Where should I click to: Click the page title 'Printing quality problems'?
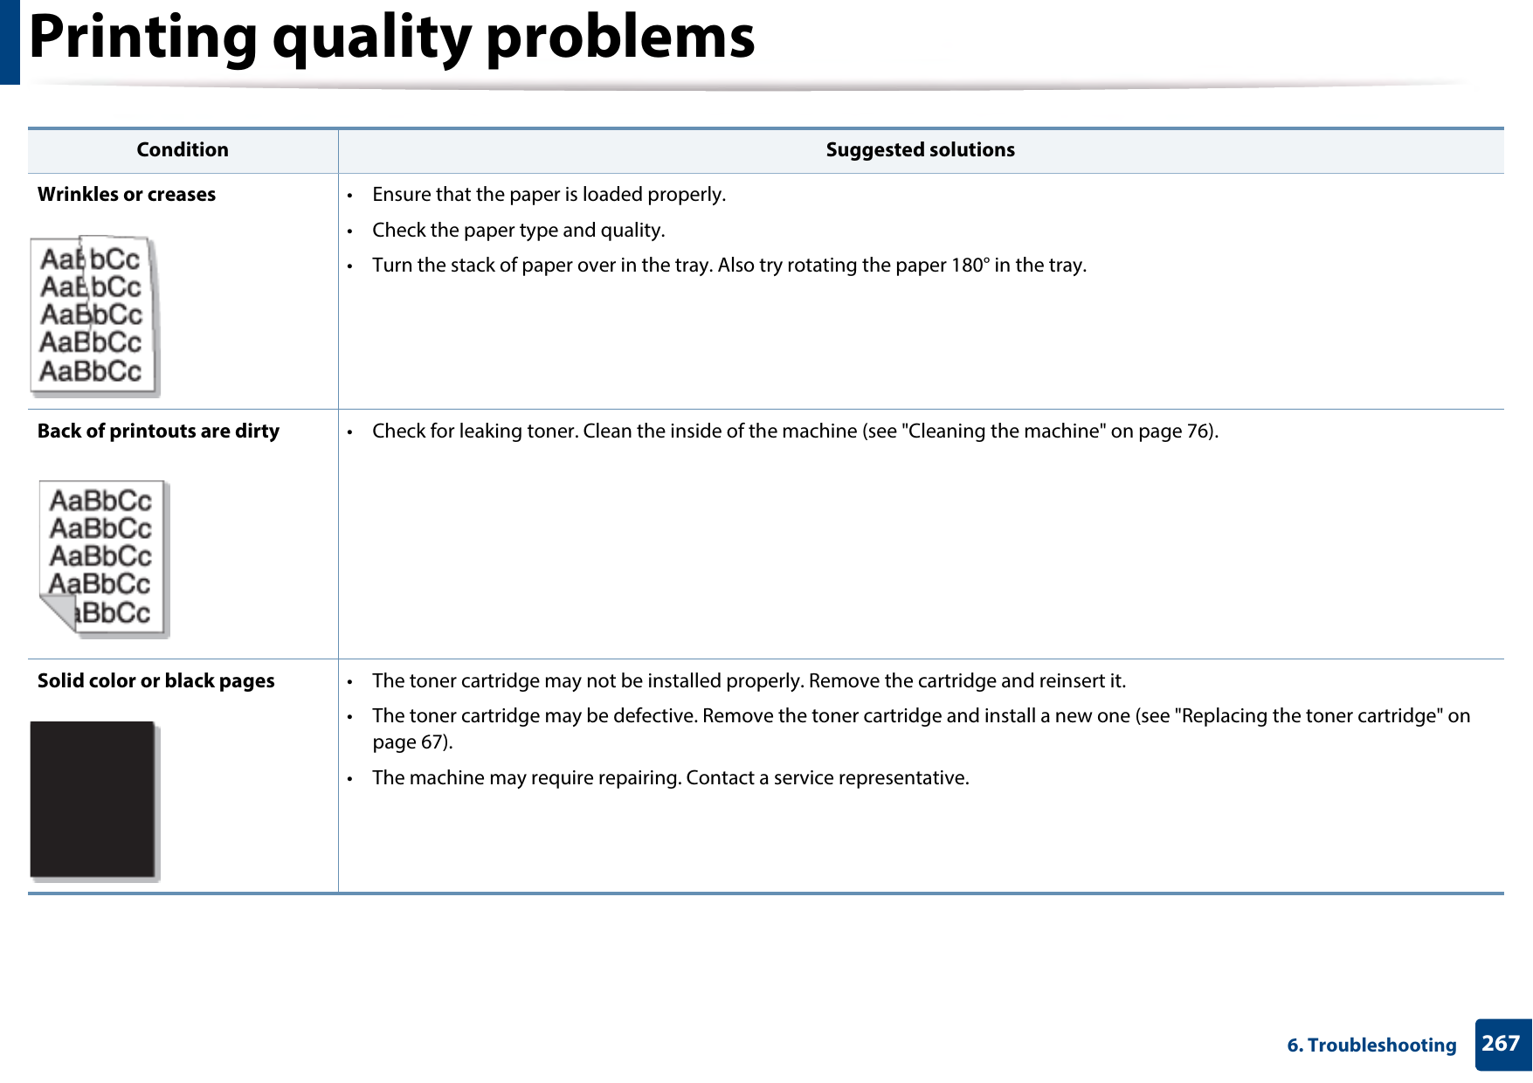(391, 38)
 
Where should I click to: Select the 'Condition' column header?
(183, 150)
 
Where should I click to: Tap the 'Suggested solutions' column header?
(920, 150)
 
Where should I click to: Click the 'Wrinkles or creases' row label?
(127, 195)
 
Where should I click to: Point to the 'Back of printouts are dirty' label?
(158, 431)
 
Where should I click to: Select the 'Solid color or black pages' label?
(155, 681)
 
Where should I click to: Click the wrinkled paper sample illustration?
(93, 315)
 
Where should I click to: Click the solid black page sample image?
(93, 799)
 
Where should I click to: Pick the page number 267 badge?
(1501, 1044)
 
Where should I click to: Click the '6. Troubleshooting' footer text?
(1371, 1045)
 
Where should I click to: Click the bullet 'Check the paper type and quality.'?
(518, 231)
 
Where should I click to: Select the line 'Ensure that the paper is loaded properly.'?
(549, 195)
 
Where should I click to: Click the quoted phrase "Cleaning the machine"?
(1004, 431)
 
